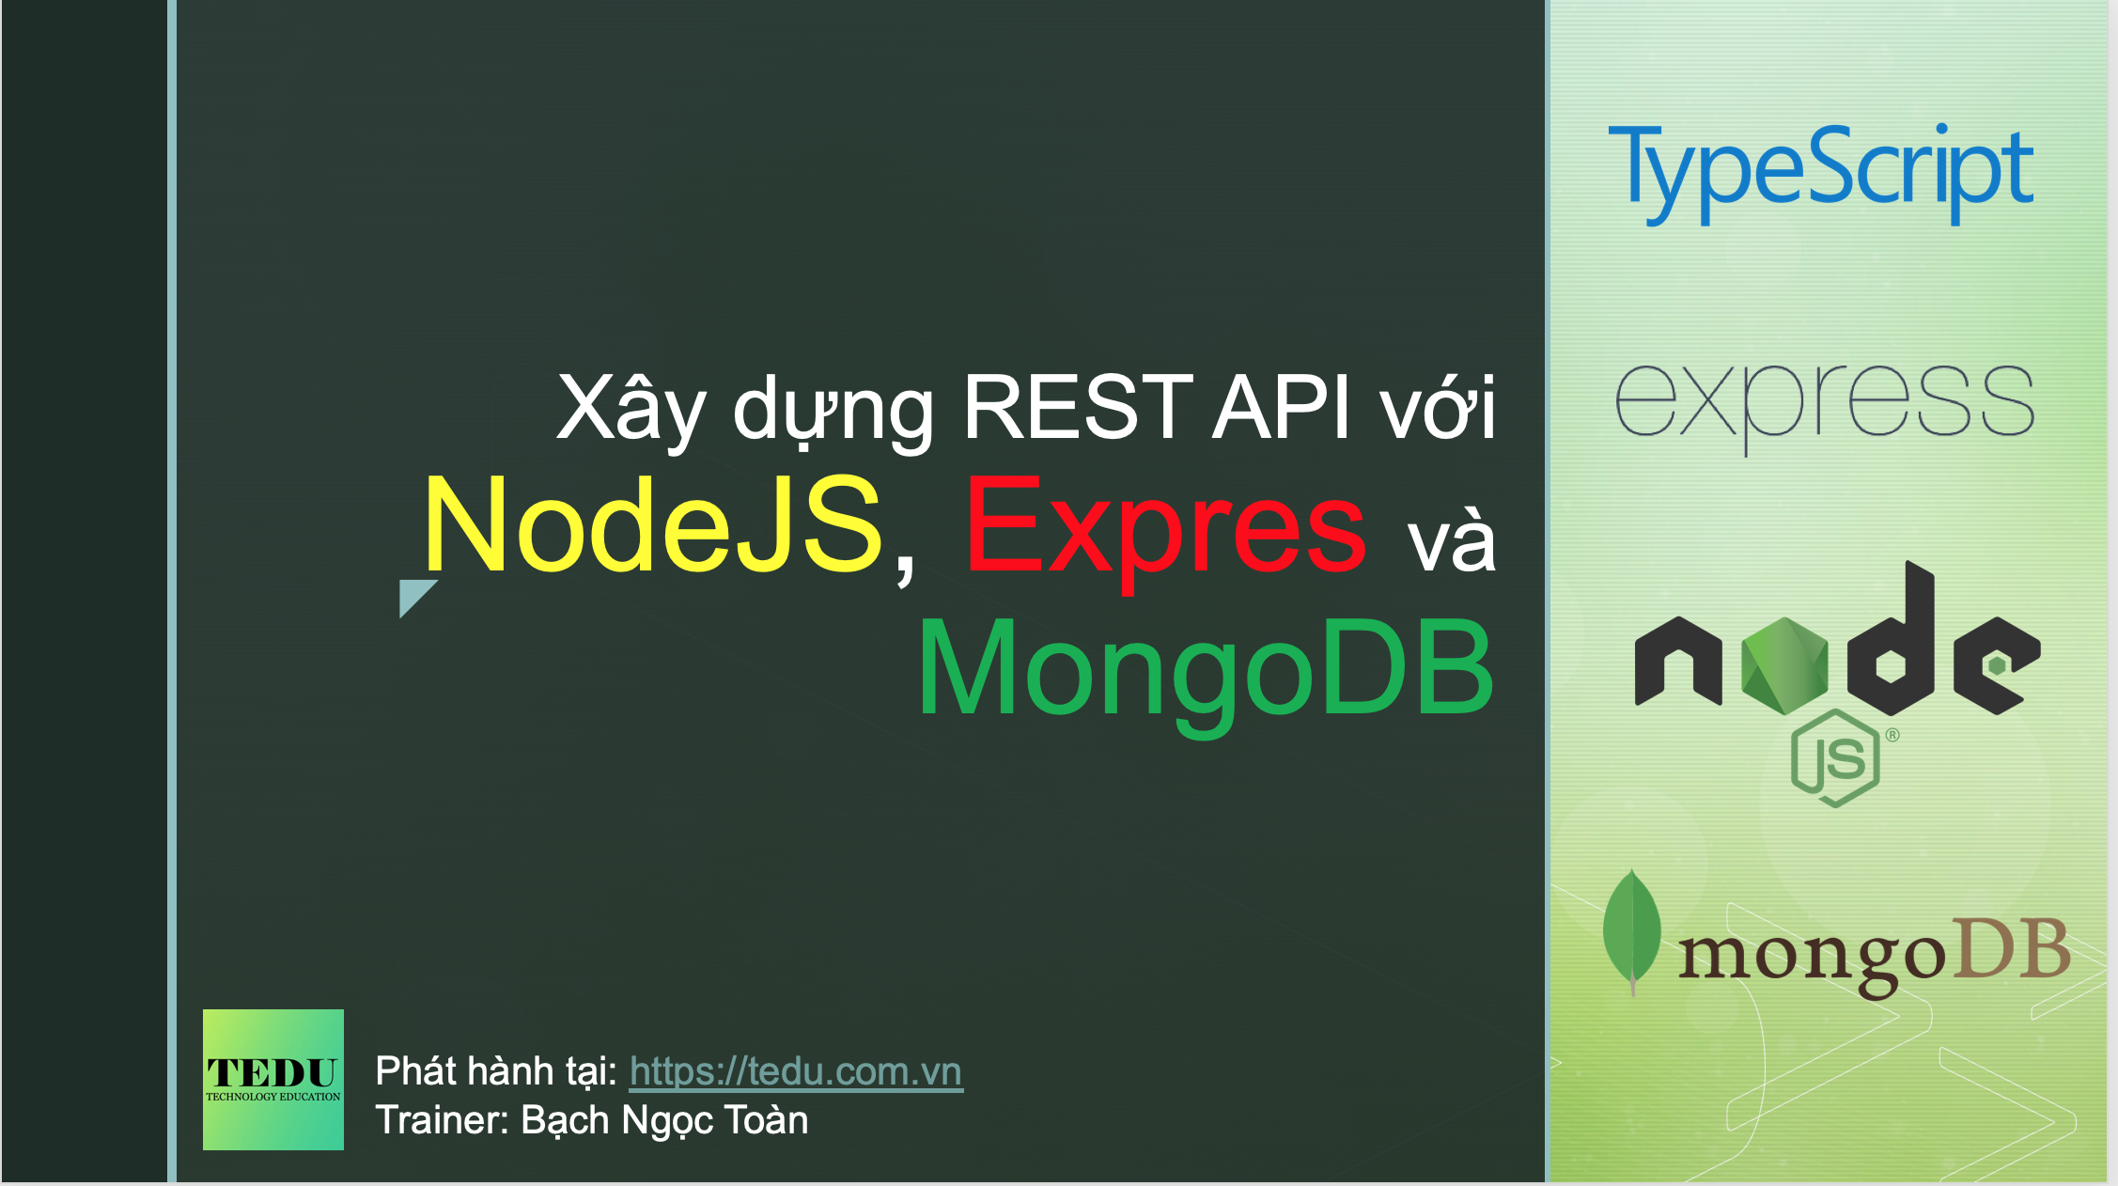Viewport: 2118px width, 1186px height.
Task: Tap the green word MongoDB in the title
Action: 1205,669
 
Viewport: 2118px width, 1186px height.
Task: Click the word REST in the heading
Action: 1078,407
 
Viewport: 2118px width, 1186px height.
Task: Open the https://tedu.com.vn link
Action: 795,1071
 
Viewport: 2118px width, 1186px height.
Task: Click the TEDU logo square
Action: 273,1079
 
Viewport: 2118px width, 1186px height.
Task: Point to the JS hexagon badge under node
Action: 1835,758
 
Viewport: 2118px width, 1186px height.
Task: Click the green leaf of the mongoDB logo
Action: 1632,929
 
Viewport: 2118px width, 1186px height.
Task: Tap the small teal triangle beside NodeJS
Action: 413,596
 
